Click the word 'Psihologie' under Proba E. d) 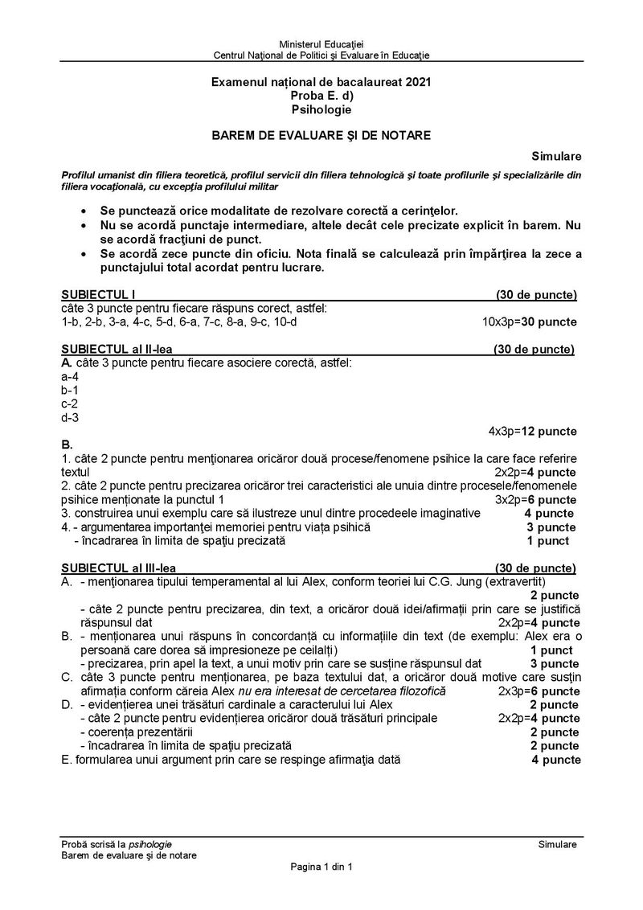pyautogui.click(x=321, y=109)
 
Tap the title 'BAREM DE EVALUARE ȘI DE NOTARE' pyautogui.click(x=321, y=136)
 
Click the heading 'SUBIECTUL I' pyautogui.click(x=103, y=295)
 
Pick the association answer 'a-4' pyautogui.click(x=70, y=376)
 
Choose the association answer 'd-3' pyautogui.click(x=70, y=417)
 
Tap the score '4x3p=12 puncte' pyautogui.click(x=532, y=431)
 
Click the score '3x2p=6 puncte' pyautogui.click(x=535, y=499)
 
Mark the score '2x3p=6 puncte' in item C pyautogui.click(x=539, y=691)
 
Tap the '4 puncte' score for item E pyautogui.click(x=555, y=759)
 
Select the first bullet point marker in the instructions pyautogui.click(x=85, y=210)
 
